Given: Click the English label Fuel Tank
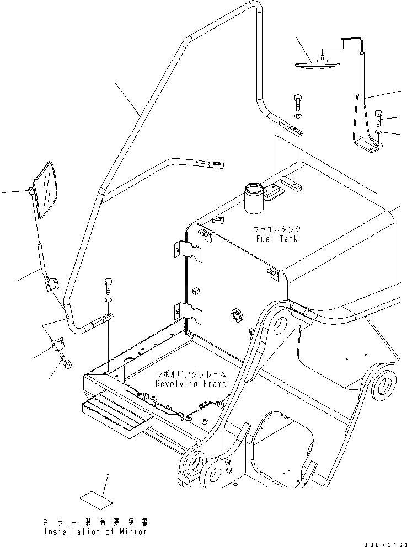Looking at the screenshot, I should pos(277,239).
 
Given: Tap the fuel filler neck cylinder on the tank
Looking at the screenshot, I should pos(254,199).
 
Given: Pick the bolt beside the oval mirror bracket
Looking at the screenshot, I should pos(379,117).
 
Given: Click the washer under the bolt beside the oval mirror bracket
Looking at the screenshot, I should pos(379,133).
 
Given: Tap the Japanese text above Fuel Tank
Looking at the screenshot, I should pos(277,229).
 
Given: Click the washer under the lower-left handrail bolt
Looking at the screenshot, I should pos(108,300).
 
